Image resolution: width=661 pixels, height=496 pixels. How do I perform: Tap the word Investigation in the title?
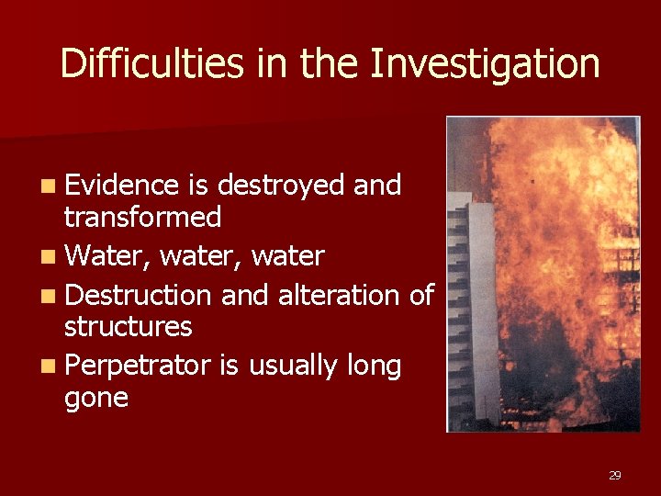(485, 64)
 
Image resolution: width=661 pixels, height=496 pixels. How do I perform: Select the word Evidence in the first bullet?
(121, 186)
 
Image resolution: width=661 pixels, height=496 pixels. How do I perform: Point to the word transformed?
(142, 218)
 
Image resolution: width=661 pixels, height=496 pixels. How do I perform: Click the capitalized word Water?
(108, 256)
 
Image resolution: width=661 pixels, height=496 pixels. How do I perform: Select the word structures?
(128, 327)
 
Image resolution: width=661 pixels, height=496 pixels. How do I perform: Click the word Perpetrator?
(139, 366)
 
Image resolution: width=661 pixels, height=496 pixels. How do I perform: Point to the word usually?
(293, 366)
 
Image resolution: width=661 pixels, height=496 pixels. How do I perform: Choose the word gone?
(95, 398)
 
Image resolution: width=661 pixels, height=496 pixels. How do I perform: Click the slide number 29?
(614, 475)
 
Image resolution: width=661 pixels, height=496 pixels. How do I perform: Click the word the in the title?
(331, 64)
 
